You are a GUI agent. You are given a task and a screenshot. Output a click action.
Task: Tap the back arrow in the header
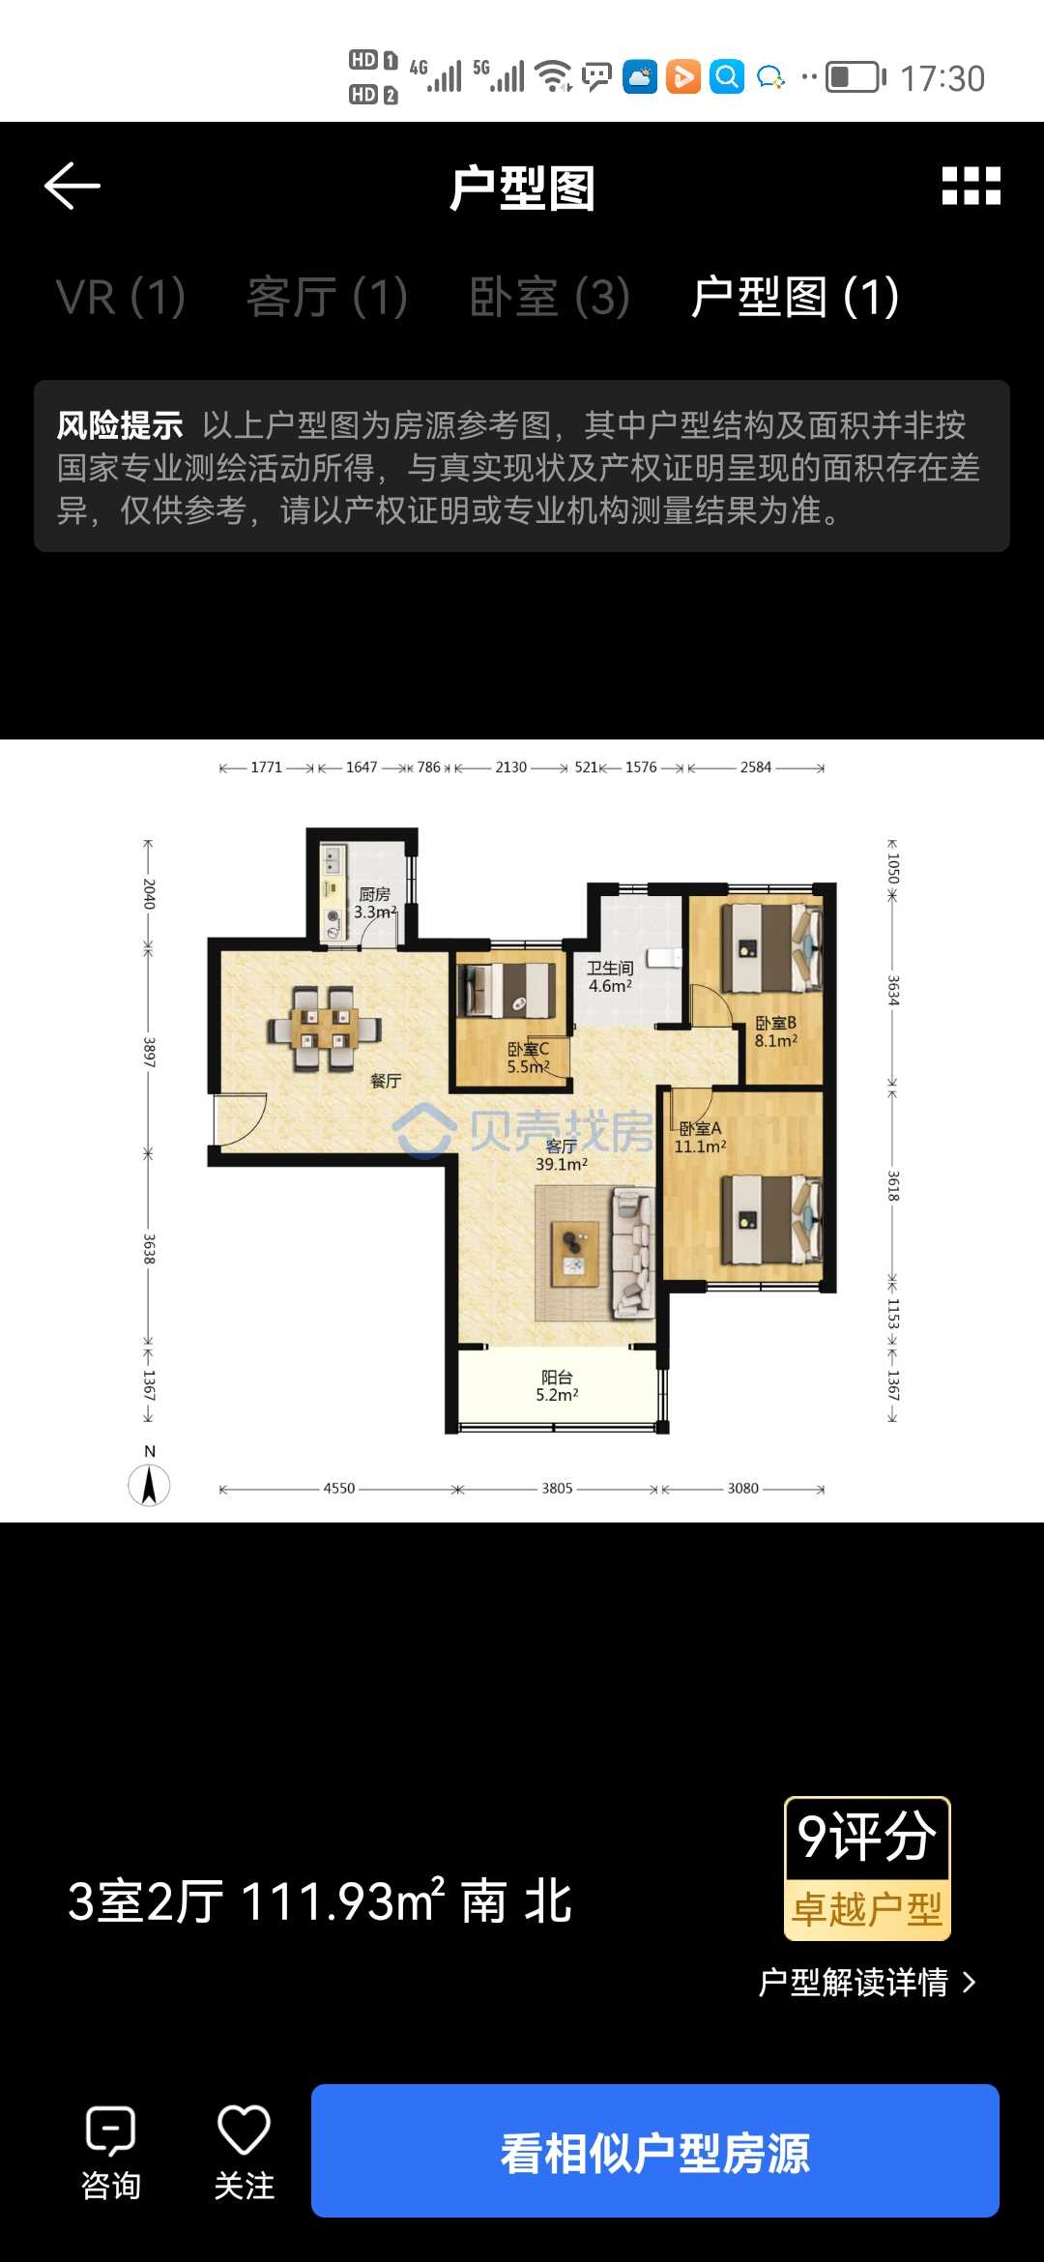pos(72,186)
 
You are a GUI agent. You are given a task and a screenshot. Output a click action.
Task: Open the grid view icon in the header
pos(971,186)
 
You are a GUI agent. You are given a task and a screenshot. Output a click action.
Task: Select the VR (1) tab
pos(121,297)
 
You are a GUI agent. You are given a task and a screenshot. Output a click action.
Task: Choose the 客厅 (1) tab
pos(328,297)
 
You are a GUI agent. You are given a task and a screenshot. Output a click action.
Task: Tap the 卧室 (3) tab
pos(550,297)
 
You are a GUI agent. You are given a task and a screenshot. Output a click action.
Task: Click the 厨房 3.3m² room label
pos(375,903)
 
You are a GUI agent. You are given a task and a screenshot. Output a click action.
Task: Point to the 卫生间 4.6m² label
pos(610,976)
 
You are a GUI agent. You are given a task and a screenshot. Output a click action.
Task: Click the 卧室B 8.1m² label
pos(776,1031)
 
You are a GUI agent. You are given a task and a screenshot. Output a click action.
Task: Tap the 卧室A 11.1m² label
pos(700,1137)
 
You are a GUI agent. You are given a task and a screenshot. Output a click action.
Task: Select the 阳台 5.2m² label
pos(557,1385)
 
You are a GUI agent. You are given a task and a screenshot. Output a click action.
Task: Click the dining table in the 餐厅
pos(325,1029)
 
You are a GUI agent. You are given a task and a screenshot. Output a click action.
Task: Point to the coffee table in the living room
pos(575,1254)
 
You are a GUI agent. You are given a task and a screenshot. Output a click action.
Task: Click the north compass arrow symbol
pos(149,1485)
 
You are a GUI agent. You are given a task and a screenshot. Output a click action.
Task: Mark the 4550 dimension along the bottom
pos(339,1489)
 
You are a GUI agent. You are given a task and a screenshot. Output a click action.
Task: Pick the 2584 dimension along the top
pos(756,768)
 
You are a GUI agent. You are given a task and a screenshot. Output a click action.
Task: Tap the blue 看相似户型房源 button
pos(655,2151)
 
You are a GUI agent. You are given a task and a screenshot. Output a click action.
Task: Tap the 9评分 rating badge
pos(867,1869)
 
